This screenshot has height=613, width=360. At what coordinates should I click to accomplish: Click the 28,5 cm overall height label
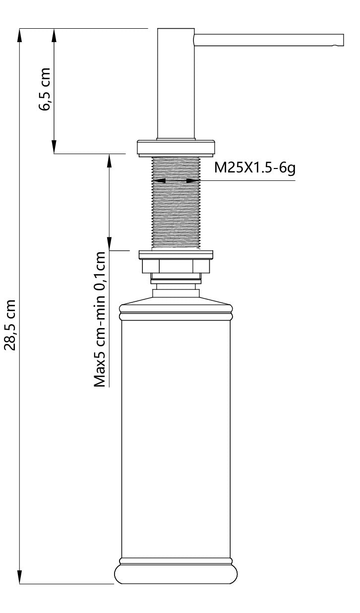coord(10,325)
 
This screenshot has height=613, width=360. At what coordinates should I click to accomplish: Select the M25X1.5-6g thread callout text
coord(255,167)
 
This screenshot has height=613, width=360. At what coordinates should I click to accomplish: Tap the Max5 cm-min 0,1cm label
coord(101,320)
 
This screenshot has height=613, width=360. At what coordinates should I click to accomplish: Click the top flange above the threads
coord(177,147)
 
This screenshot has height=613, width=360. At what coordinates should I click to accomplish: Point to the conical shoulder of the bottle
coord(177,301)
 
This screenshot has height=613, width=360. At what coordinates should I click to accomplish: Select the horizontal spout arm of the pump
coord(268,40)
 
